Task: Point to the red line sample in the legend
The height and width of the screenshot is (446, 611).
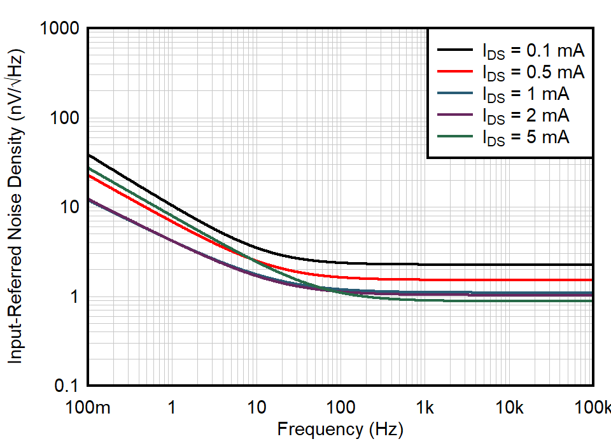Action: click(x=454, y=71)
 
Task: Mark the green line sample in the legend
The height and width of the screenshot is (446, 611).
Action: click(x=454, y=136)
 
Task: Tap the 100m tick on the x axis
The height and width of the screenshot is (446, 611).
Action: click(x=88, y=407)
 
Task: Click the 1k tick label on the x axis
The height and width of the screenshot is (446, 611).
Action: click(x=425, y=407)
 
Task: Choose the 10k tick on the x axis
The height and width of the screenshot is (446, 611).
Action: click(x=509, y=407)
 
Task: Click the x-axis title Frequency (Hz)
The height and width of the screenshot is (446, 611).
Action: click(x=340, y=430)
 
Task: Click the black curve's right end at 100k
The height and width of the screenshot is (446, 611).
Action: click(x=592, y=265)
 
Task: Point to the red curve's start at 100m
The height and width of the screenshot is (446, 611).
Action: click(x=88, y=174)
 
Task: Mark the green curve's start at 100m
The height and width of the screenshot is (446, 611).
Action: click(x=88, y=167)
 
